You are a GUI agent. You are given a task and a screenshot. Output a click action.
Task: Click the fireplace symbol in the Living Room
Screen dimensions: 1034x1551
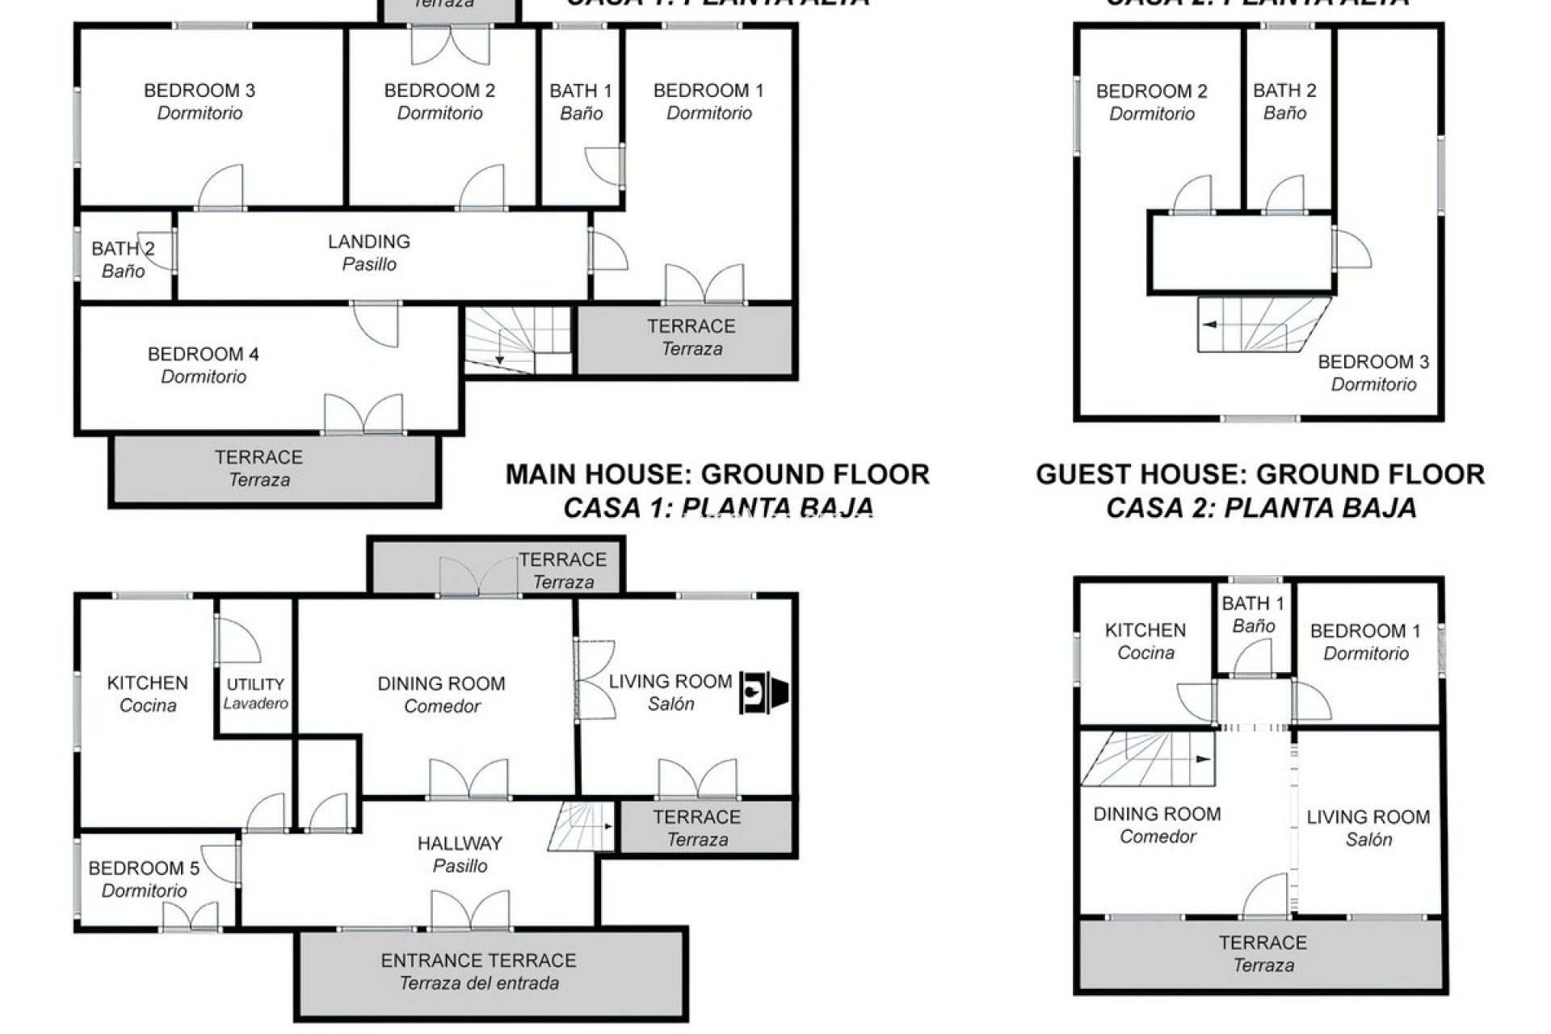[x=763, y=693]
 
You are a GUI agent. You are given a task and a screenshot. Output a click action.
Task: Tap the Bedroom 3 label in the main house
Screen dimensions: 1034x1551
[x=200, y=101]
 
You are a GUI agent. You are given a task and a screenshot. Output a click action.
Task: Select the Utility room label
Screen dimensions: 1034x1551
[x=255, y=693]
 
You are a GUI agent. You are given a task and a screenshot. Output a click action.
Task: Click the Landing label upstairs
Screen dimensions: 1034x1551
[x=369, y=252]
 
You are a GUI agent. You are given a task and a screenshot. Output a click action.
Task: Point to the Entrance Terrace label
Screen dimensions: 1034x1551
[x=478, y=971]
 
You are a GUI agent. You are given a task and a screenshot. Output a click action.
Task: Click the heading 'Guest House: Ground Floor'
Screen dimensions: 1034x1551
[x=1260, y=474]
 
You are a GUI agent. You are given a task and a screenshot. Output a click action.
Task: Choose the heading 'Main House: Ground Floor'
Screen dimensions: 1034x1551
[x=717, y=474]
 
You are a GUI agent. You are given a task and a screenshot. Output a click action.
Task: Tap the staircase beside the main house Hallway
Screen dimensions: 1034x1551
[x=582, y=826]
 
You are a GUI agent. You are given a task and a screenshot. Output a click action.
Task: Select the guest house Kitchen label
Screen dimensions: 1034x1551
[x=1145, y=641]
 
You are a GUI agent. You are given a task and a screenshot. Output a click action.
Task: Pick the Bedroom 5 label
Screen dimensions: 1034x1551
[x=144, y=879]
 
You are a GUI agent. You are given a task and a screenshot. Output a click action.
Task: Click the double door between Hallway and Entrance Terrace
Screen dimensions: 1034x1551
[x=471, y=911]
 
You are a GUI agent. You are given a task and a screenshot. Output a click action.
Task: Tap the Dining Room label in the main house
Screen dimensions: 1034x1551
[x=441, y=694]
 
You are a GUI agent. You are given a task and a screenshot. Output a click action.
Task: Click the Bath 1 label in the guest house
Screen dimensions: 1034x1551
[x=1253, y=614]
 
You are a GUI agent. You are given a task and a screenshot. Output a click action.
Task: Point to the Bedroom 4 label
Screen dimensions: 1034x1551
[x=204, y=364]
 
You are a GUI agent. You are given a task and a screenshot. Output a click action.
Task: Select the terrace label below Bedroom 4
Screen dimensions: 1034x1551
[x=258, y=468]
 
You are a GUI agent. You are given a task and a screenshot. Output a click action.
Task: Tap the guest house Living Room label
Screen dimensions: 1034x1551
[x=1368, y=828]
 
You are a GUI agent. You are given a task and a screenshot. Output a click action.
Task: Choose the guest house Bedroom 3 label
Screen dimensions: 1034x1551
[x=1373, y=372]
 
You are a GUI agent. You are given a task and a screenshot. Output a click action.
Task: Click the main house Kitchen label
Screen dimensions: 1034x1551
[x=147, y=693]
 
